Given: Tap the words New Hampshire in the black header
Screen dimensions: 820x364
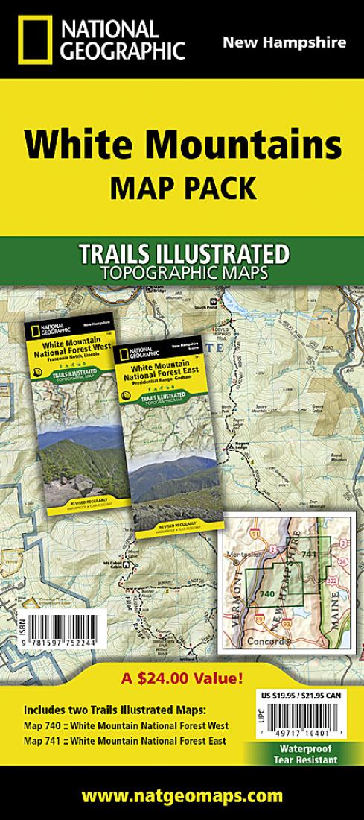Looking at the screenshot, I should point(284,42).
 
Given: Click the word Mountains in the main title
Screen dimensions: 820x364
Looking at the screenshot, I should point(246,144).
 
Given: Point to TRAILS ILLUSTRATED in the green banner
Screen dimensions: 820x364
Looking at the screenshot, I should point(182,253).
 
